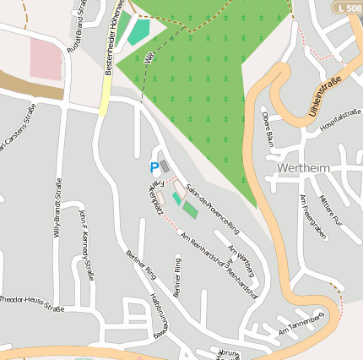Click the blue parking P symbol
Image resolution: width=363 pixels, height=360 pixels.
(x=154, y=167)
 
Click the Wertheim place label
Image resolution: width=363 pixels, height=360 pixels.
(x=303, y=167)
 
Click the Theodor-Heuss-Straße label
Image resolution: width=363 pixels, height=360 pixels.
(x=31, y=303)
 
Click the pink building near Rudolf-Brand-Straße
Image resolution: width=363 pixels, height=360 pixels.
(x=46, y=59)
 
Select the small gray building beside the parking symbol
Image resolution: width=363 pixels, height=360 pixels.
(x=165, y=166)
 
